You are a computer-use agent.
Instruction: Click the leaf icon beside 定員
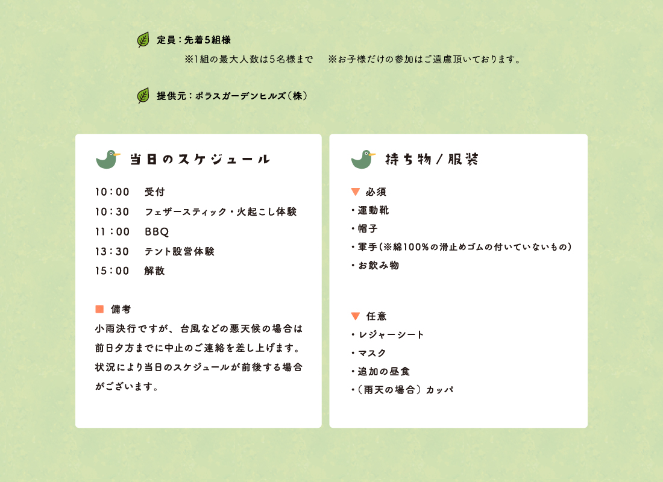(143, 40)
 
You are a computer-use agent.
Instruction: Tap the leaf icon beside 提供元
(143, 96)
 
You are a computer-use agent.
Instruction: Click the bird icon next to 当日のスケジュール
(108, 160)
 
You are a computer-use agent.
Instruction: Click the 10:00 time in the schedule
(112, 192)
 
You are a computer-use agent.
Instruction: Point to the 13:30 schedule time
(112, 252)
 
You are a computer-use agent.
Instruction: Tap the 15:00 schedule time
(112, 271)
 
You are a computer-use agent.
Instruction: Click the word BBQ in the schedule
(157, 232)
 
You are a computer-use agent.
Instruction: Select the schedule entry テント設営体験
(180, 252)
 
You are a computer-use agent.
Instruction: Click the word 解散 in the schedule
(154, 271)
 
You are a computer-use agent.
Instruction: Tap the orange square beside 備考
(100, 309)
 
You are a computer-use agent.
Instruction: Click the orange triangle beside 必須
(356, 192)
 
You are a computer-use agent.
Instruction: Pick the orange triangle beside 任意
(356, 316)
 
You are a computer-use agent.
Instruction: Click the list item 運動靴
(373, 210)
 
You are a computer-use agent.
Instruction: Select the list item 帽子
(368, 229)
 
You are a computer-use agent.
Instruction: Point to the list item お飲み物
(379, 266)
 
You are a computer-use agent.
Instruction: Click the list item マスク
(372, 353)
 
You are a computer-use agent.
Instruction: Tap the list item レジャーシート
(391, 335)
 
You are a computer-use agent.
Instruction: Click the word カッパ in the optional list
(440, 390)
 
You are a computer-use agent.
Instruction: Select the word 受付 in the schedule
(155, 192)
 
